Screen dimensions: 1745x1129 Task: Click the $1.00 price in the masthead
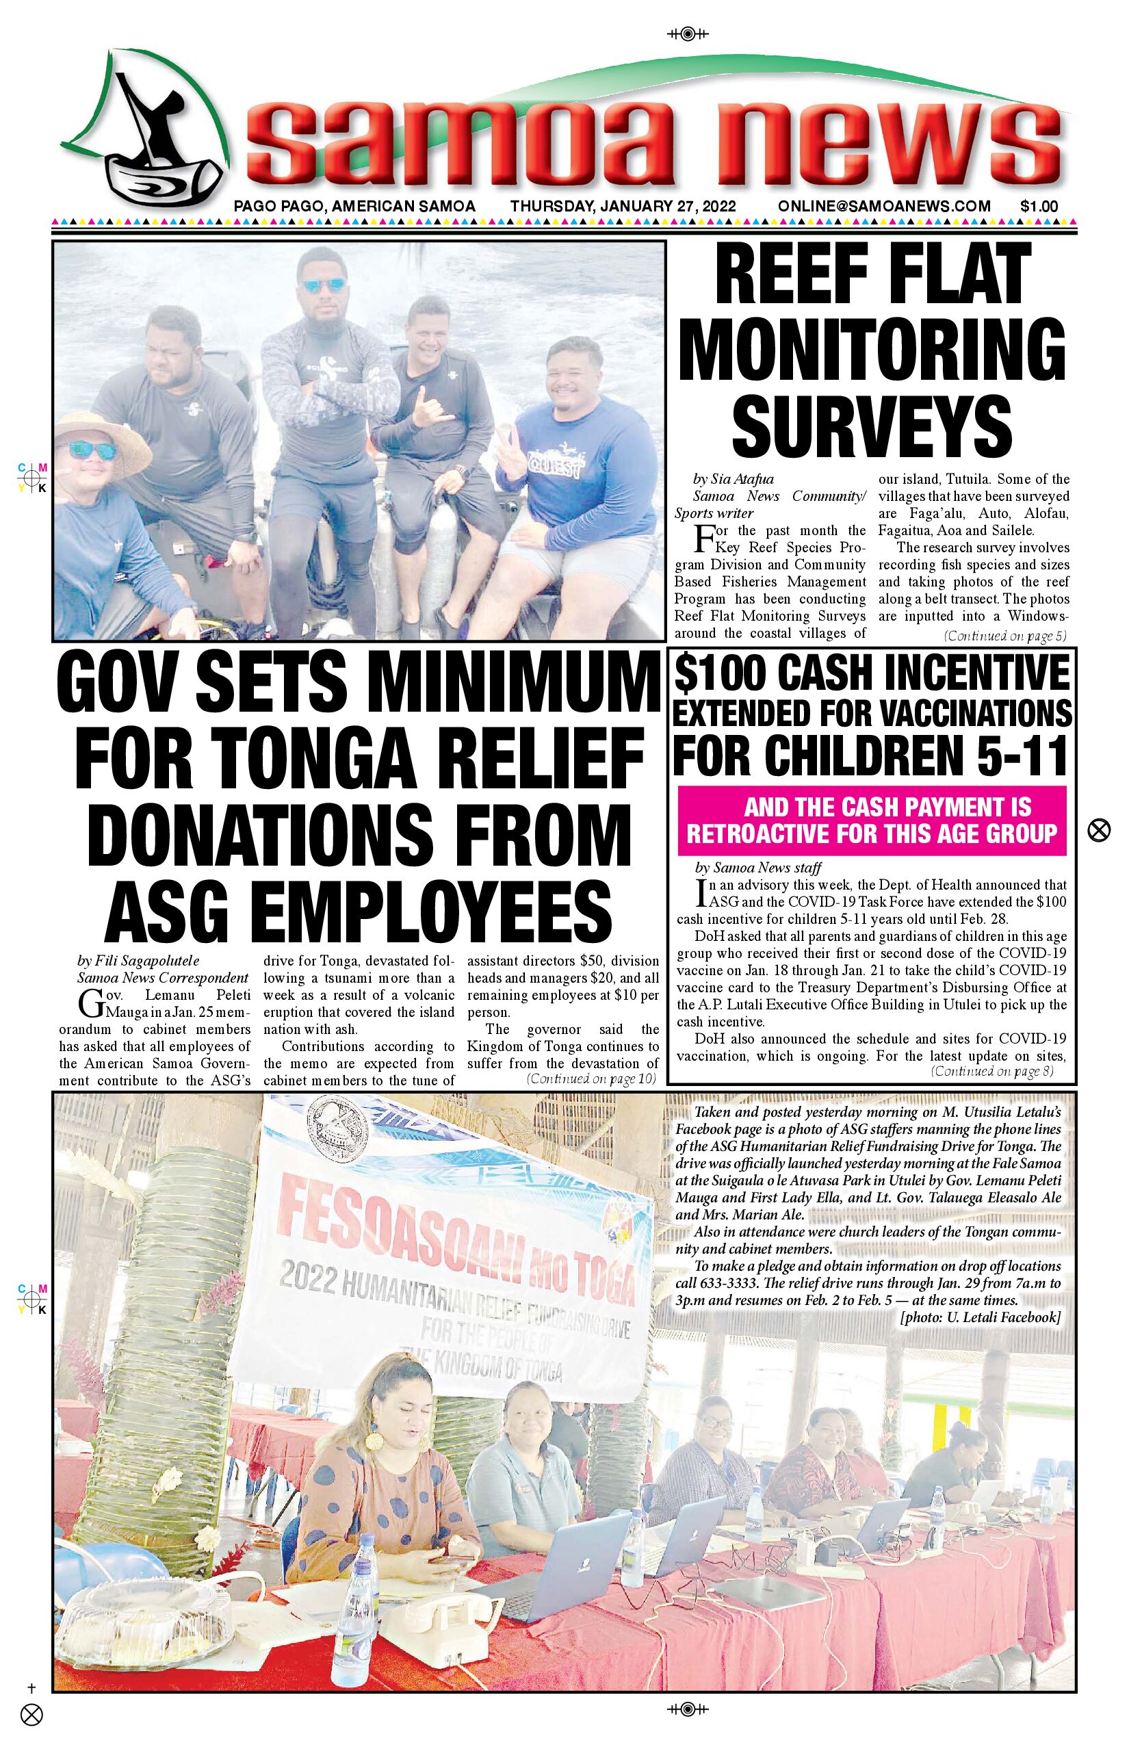click(1039, 207)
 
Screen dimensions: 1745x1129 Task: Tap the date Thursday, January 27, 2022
click(623, 207)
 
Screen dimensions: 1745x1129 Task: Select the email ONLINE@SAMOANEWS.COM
click(884, 207)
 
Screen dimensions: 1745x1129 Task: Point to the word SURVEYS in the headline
click(872, 424)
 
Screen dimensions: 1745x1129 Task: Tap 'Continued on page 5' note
click(1005, 636)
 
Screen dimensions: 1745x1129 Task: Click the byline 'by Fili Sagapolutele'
click(138, 961)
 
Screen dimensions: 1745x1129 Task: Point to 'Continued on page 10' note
click(591, 1078)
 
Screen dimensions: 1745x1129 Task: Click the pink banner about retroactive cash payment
click(872, 820)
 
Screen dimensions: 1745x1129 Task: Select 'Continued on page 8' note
click(992, 1071)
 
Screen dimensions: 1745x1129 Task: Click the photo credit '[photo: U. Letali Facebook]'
click(980, 1317)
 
